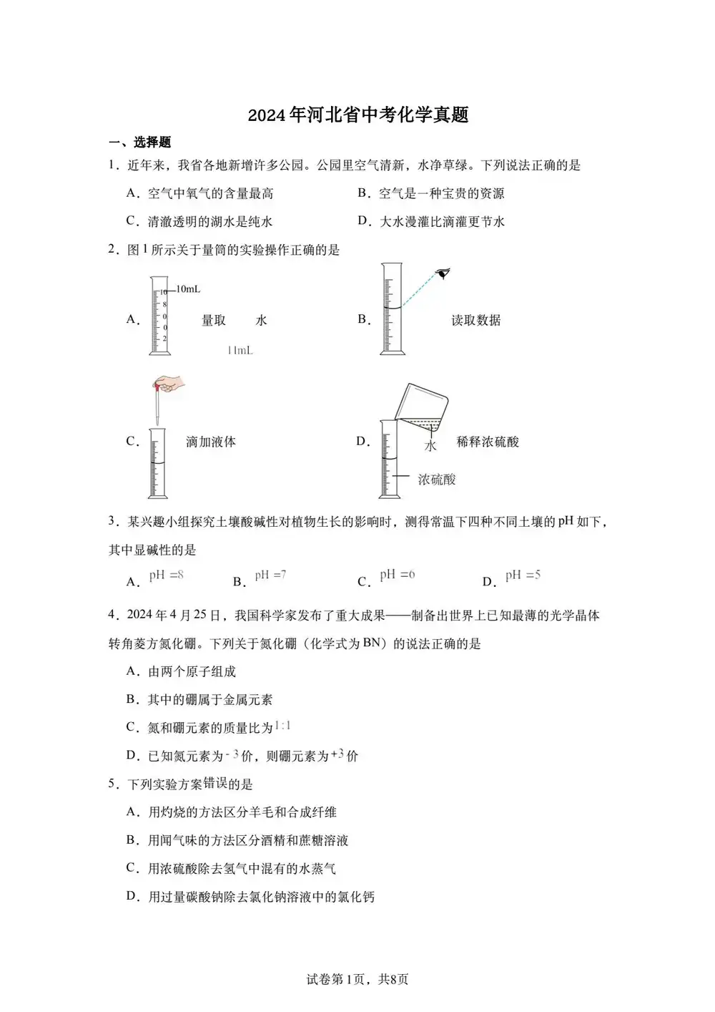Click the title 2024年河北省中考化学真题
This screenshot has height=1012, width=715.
[357, 115]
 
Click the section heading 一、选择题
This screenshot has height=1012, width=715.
[140, 142]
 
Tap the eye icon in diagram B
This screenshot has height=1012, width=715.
[443, 273]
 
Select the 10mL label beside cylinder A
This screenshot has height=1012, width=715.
[188, 289]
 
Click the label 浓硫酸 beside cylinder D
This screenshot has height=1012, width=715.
[436, 480]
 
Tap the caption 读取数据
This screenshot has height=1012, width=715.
[475, 321]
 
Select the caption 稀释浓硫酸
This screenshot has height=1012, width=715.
[488, 442]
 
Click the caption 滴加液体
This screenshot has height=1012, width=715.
[210, 442]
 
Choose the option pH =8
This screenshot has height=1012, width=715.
[166, 575]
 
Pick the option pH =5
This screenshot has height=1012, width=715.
[523, 575]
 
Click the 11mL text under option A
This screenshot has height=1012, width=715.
[240, 351]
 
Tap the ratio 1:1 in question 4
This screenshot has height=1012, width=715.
[282, 726]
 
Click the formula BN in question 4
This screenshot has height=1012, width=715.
[372, 642]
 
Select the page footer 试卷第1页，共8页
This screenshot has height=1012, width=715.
[357, 979]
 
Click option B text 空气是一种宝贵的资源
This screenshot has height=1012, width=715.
[441, 193]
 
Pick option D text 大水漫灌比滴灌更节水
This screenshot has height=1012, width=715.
[441, 222]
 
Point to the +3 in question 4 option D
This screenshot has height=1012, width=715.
[337, 754]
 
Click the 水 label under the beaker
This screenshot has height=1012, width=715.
[430, 446]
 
